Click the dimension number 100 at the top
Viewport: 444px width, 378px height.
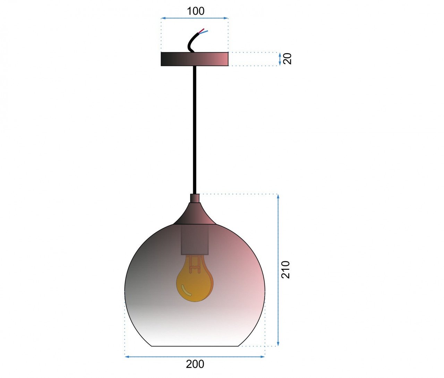196,11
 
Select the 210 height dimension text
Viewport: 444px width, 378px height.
285,270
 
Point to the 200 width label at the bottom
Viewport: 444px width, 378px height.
195,364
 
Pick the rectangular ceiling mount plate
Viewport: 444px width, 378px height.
195,59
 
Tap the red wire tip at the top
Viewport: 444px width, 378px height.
202,30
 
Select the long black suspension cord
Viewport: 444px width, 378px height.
195,130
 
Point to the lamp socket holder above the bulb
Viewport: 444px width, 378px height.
195,240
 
